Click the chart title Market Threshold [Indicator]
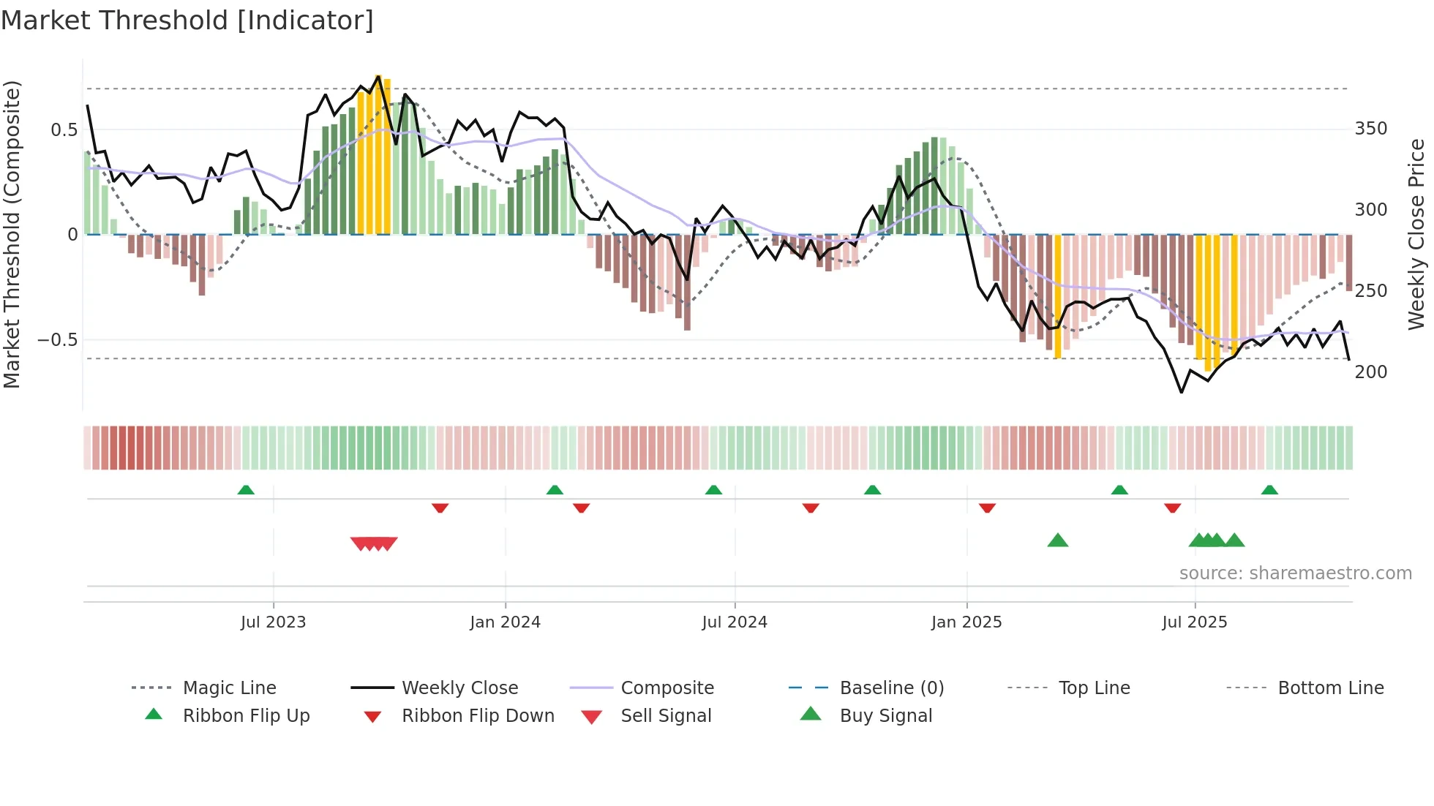187,20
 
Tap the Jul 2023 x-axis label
273,622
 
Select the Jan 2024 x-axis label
505,622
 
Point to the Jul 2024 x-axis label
735,622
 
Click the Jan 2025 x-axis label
966,622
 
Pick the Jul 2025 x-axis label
1195,622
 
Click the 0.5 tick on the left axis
64,130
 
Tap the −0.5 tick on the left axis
58,340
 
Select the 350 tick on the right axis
1371,129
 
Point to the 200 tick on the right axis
1371,372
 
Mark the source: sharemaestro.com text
1295,573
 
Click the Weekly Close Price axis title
1416,234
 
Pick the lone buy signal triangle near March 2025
1058,541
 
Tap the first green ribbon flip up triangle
246,490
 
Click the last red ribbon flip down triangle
1173,508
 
